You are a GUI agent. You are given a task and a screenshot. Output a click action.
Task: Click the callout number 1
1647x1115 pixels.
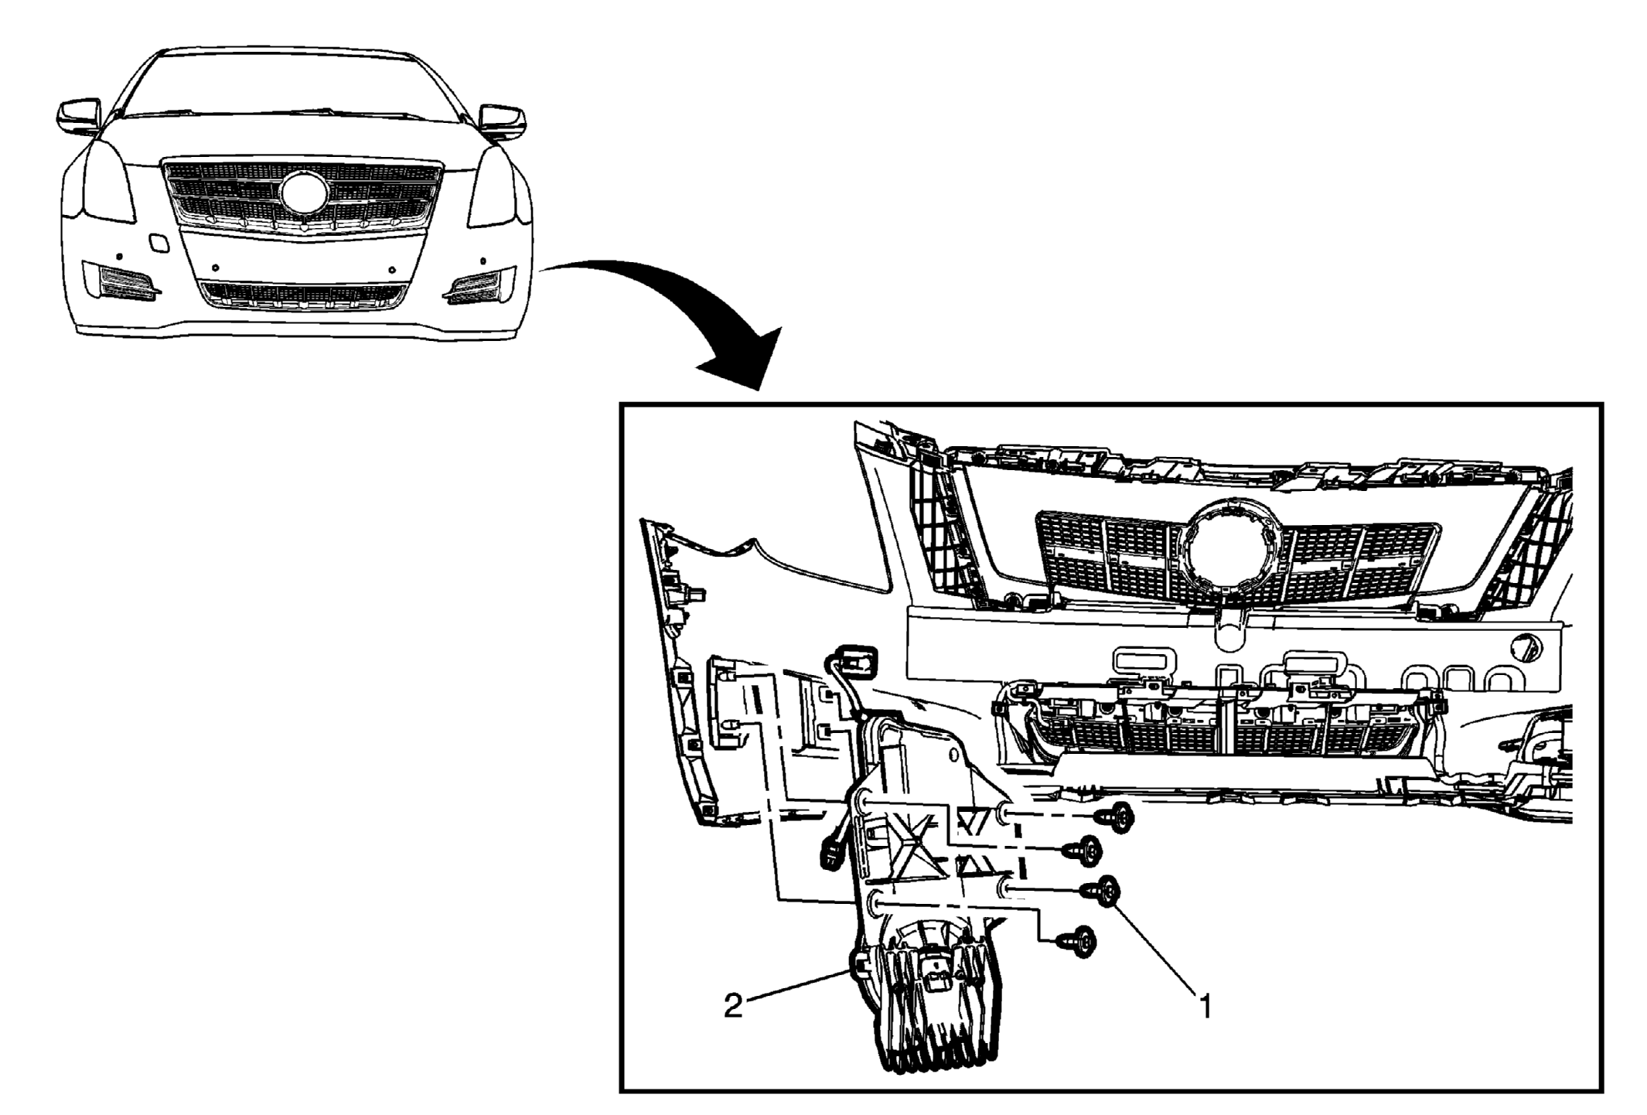pos(1204,1007)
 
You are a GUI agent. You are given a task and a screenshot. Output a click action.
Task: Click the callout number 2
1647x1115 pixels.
pos(733,1006)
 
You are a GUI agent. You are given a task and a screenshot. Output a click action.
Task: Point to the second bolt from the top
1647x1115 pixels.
pos(1083,851)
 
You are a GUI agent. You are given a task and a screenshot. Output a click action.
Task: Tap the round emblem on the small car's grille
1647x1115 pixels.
pos(304,193)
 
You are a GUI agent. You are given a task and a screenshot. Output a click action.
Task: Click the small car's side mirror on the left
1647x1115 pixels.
pos(79,117)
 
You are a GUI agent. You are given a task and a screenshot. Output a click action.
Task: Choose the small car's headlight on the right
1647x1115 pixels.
pos(492,186)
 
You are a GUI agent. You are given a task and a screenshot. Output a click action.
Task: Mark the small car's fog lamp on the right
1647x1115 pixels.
pos(479,283)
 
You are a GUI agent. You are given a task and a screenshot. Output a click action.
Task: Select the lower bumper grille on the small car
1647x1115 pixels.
pos(302,293)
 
